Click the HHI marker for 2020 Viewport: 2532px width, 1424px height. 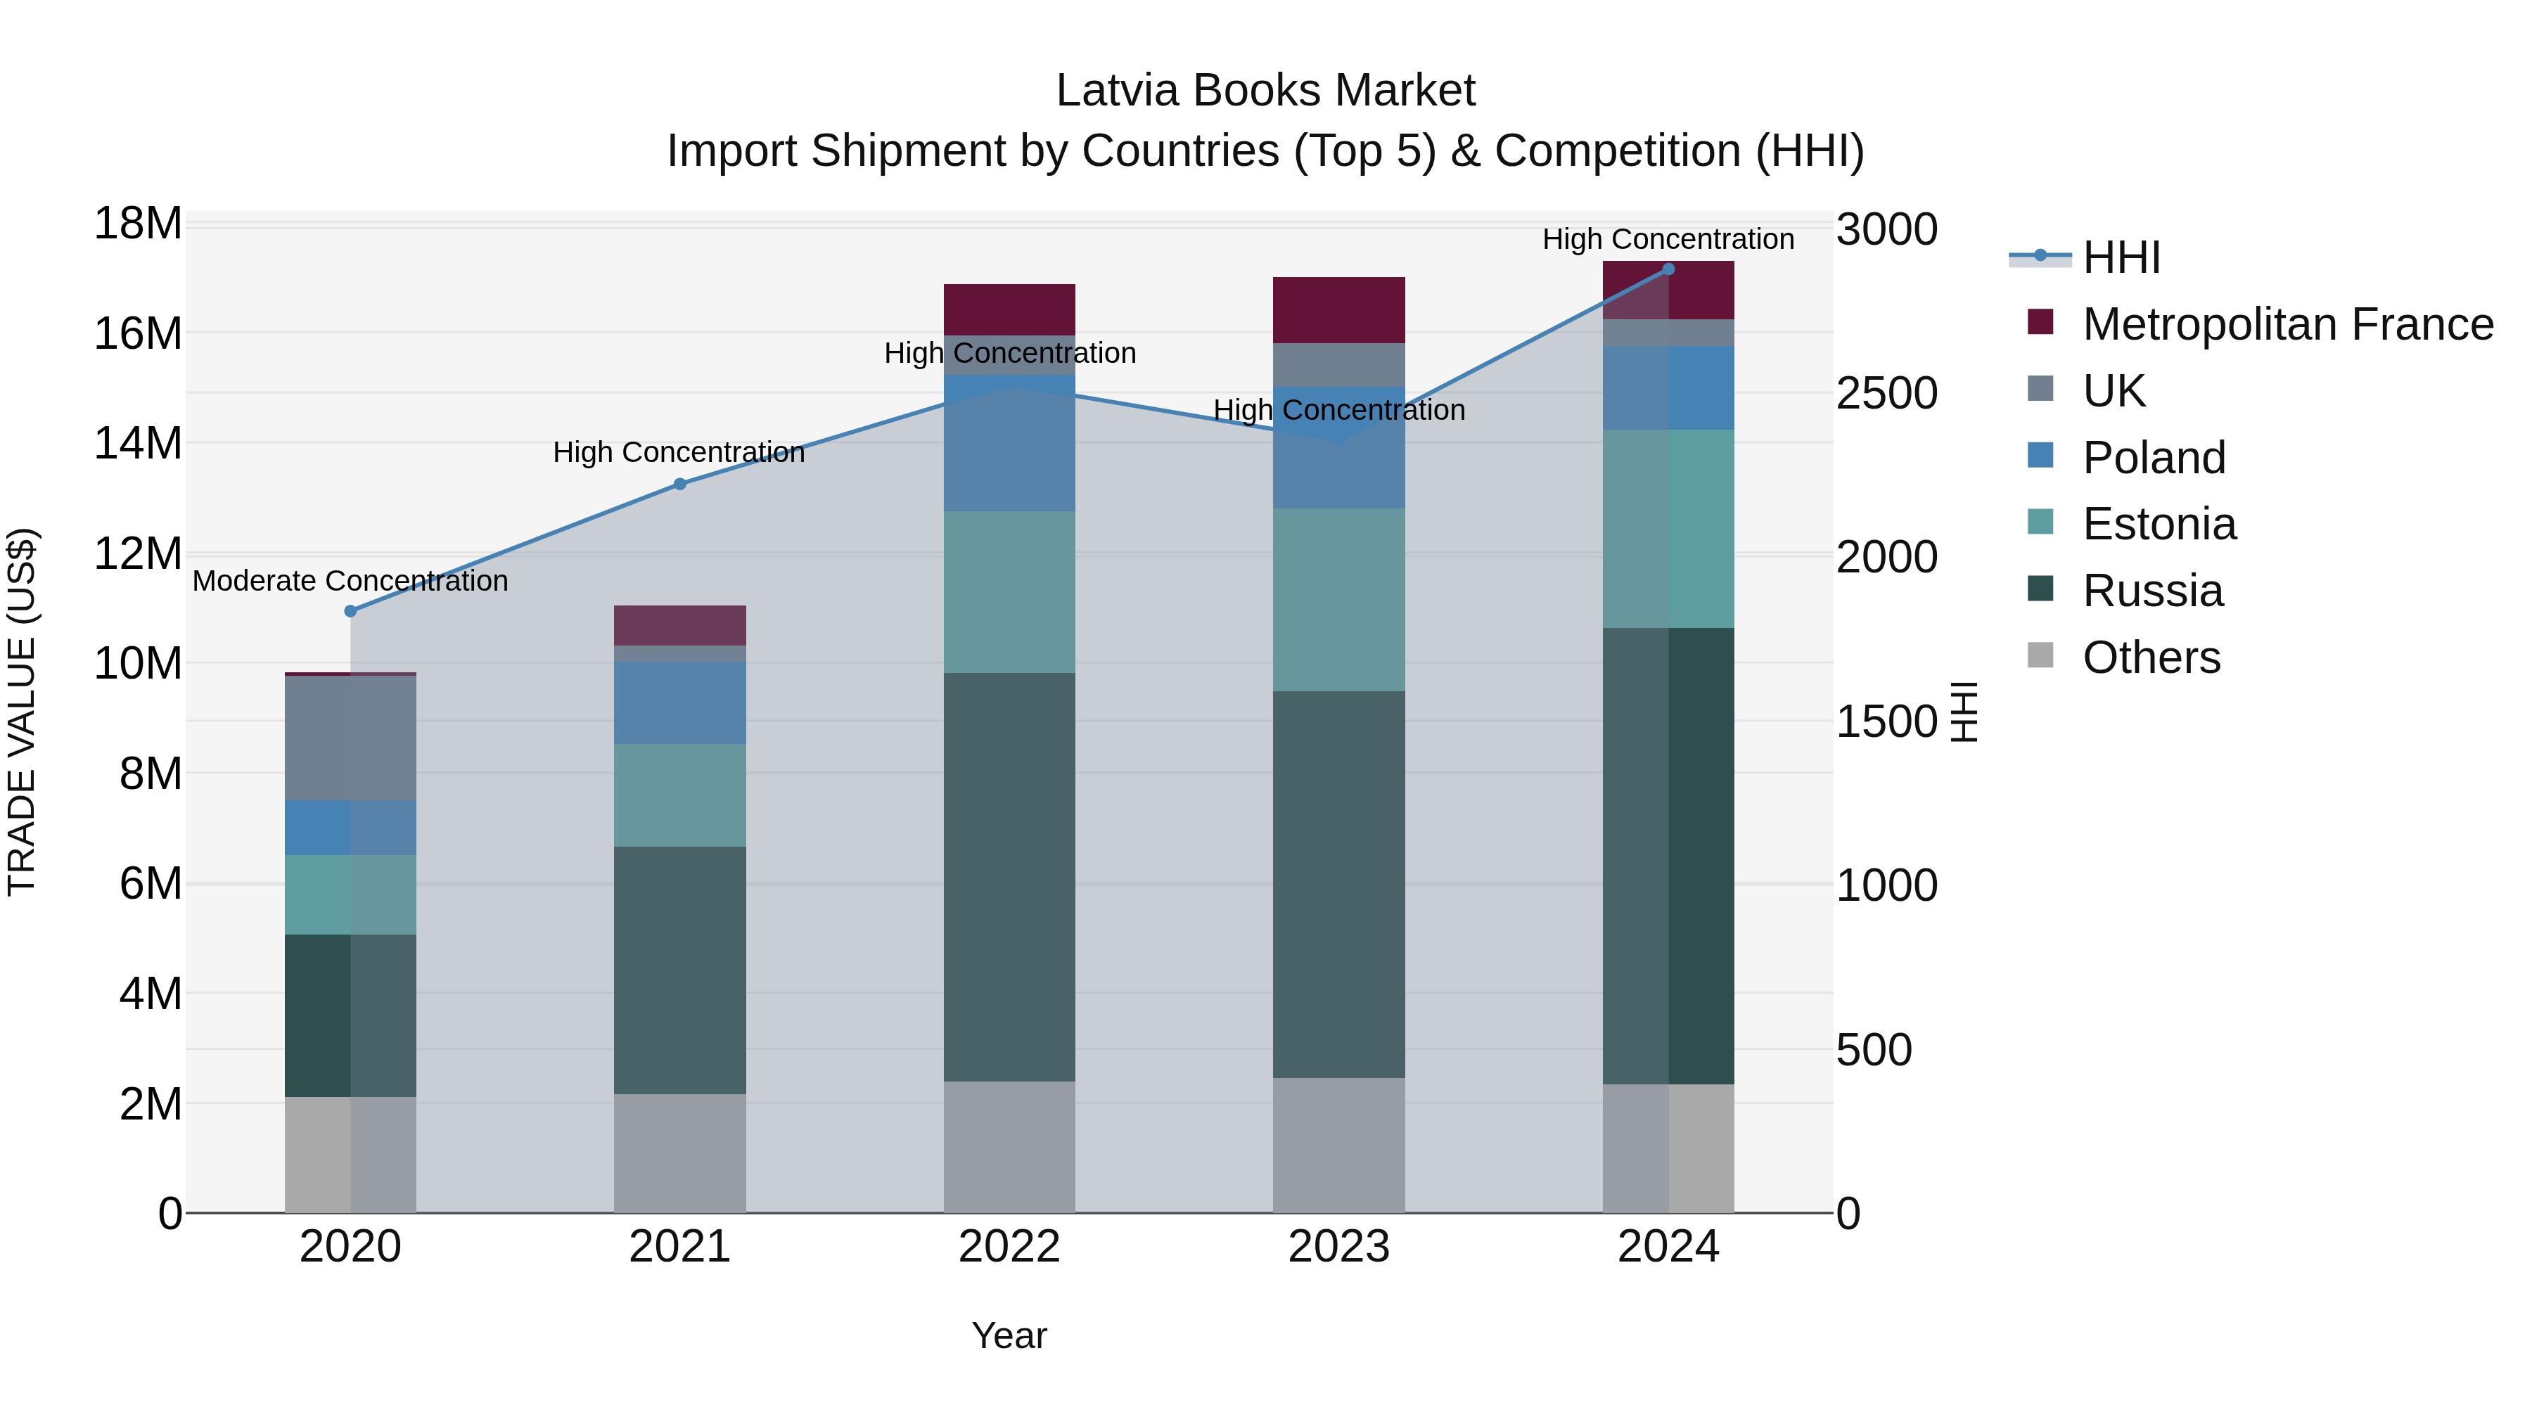tap(351, 611)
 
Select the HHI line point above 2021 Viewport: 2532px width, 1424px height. tap(679, 484)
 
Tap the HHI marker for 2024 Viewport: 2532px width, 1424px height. tap(1668, 269)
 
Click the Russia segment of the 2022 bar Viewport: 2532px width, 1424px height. tap(1009, 877)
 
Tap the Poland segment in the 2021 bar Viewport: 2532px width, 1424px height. tap(679, 702)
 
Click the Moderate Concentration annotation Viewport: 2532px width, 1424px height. tap(351, 581)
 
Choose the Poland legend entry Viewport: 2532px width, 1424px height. tap(2153, 458)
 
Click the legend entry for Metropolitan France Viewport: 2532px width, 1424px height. tap(2287, 324)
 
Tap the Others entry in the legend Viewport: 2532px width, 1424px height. tap(2151, 658)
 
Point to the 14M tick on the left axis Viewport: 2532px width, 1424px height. tap(138, 443)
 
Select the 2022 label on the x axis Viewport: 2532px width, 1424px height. tap(1009, 1247)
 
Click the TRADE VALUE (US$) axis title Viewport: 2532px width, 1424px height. tap(23, 712)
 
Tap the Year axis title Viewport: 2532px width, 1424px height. tap(1009, 1335)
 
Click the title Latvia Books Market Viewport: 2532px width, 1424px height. tap(1265, 91)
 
